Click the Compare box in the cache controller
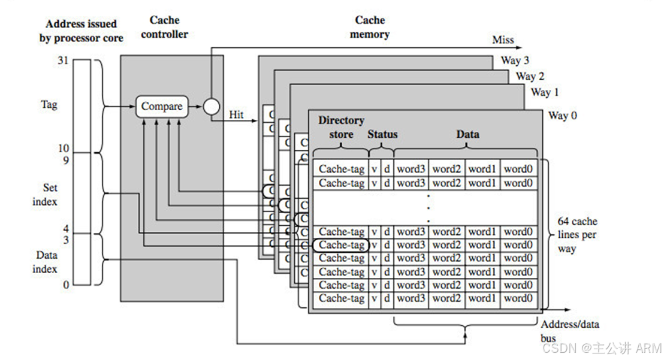(x=162, y=107)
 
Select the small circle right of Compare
(x=211, y=107)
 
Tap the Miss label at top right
(x=503, y=40)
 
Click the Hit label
(x=236, y=114)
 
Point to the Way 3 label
(x=515, y=60)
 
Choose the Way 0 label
(x=562, y=116)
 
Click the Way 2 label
(x=530, y=76)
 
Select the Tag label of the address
(x=49, y=105)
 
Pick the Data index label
(x=45, y=262)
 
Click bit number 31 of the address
(x=63, y=60)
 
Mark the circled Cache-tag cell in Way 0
(x=341, y=245)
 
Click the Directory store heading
(x=341, y=127)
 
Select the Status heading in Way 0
(x=382, y=134)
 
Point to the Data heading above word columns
(x=467, y=134)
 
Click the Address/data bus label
(x=569, y=331)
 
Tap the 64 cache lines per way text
(x=577, y=235)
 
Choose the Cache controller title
(x=165, y=28)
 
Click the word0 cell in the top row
(x=518, y=170)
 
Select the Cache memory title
(x=370, y=28)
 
